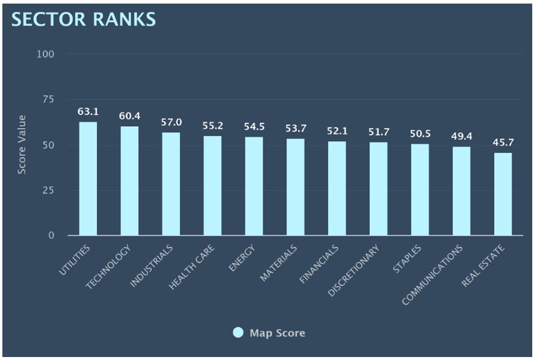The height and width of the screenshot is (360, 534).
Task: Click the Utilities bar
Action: coord(88,179)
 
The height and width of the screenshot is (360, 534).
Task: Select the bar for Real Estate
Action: coord(502,194)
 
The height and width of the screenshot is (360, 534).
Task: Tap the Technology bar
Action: coord(130,181)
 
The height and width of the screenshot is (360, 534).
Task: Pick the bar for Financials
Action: coord(337,188)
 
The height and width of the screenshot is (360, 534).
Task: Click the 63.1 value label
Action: coord(88,111)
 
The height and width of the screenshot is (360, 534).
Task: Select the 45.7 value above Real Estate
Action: coord(502,143)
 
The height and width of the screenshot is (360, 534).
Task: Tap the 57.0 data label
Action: coord(171,122)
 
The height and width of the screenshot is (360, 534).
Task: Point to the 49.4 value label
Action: coord(461,136)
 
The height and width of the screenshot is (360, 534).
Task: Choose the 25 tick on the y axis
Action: coord(48,190)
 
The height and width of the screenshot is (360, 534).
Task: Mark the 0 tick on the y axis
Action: coord(51,236)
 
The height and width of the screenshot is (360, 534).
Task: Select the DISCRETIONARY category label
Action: coord(353,271)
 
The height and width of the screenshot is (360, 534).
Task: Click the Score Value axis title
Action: coord(22,145)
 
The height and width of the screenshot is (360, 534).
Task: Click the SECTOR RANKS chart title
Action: coord(83,19)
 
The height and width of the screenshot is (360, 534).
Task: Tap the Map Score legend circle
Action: coord(238,333)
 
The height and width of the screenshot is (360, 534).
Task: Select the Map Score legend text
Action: coord(277,333)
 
